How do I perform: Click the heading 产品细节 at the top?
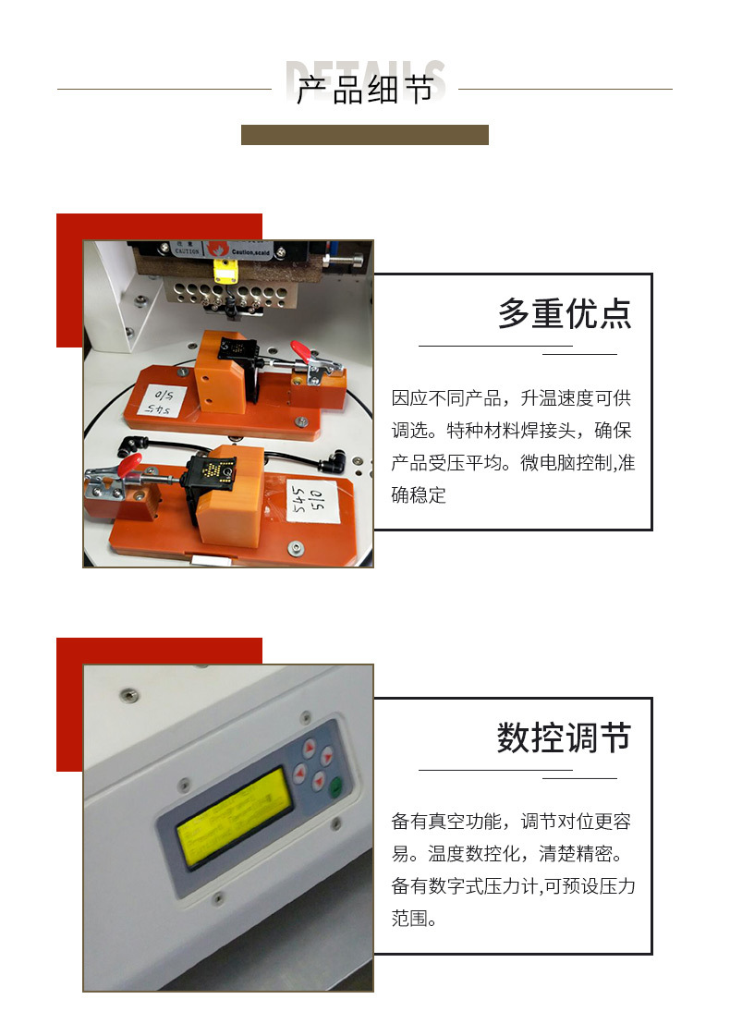pyautogui.click(x=364, y=91)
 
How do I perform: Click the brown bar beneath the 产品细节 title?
pyautogui.click(x=364, y=135)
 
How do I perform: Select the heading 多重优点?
pyautogui.click(x=565, y=314)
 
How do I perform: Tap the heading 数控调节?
pyautogui.click(x=564, y=738)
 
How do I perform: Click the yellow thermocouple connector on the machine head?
pyautogui.click(x=222, y=270)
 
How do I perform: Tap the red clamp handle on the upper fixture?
pyautogui.click(x=300, y=350)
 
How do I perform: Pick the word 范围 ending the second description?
pyautogui.click(x=408, y=919)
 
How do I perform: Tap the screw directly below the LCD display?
pyautogui.click(x=218, y=895)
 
